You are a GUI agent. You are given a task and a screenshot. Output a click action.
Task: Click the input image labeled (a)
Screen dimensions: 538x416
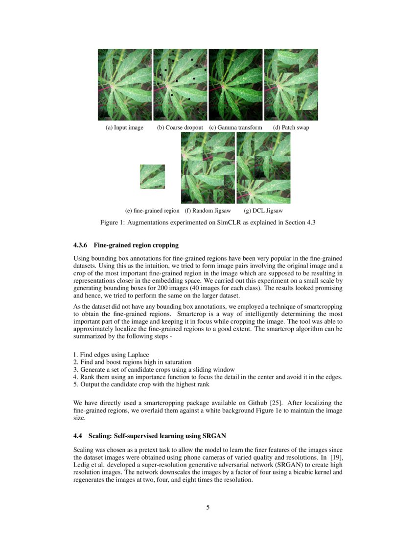point(125,85)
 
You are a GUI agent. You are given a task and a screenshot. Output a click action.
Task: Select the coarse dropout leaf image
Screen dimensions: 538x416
point(180,85)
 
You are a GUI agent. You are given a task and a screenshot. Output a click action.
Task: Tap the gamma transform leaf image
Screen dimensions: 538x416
point(236,85)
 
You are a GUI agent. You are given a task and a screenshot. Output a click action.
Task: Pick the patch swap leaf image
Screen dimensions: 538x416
point(291,85)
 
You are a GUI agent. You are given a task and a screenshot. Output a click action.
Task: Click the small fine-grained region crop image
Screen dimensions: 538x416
point(152,177)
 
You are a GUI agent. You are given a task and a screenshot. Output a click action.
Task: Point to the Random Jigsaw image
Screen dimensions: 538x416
point(208,168)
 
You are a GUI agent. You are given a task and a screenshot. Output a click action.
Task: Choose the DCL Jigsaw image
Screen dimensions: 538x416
point(263,168)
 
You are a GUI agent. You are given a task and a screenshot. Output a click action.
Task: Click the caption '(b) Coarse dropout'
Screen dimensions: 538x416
point(180,128)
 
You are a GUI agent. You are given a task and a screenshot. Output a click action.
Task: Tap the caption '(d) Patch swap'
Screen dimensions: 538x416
point(291,128)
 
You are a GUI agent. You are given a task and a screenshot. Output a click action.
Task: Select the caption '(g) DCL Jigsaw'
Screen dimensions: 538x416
point(263,211)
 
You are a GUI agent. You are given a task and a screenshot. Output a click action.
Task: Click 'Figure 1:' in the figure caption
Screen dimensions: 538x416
point(114,223)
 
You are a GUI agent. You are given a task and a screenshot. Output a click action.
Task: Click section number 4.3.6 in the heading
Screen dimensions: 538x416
point(81,245)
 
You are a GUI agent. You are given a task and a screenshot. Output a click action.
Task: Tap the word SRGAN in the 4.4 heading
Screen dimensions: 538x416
point(212,436)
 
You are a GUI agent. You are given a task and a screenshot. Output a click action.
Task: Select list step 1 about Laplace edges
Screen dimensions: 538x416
point(111,354)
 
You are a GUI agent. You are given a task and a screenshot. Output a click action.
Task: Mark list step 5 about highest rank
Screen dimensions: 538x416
point(141,384)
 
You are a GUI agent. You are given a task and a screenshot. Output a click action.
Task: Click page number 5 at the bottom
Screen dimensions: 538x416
point(208,507)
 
